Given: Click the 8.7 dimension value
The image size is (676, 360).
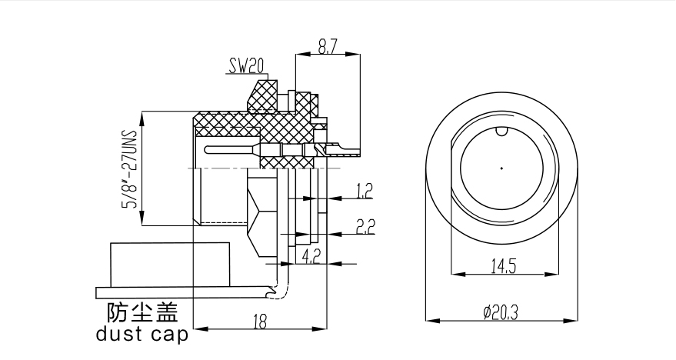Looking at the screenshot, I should (x=328, y=47).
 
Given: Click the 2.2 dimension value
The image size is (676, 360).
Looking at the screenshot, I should (x=365, y=225).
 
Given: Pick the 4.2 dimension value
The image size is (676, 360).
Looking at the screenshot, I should (x=312, y=255).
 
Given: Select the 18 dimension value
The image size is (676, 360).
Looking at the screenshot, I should (x=259, y=323).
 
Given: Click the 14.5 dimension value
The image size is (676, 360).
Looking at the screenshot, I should (x=502, y=266).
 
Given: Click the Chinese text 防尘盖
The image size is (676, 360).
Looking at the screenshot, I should (x=142, y=312).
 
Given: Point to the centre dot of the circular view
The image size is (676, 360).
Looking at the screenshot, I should (x=501, y=168).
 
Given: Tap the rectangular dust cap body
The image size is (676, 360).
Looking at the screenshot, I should (x=170, y=264).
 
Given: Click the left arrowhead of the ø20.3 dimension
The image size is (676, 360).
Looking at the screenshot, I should (x=429, y=319).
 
